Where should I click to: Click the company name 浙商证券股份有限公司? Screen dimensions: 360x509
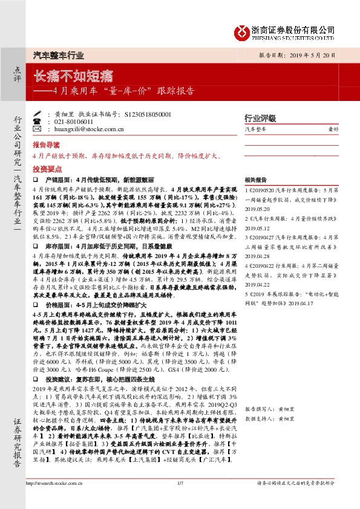click(x=296, y=28)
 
